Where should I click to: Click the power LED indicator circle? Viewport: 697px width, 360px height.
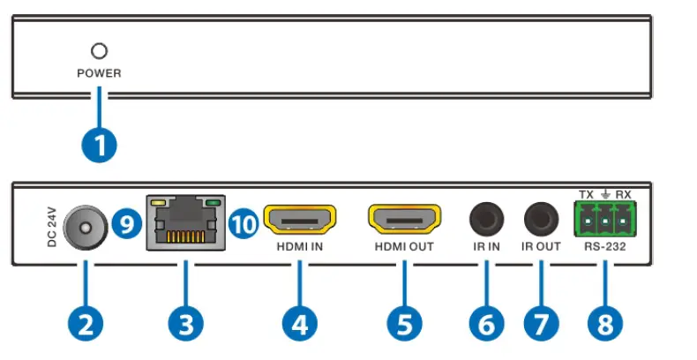click(x=99, y=52)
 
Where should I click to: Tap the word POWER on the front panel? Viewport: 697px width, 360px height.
click(x=99, y=74)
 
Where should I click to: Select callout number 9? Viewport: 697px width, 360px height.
click(x=127, y=225)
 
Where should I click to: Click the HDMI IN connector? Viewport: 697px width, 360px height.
click(x=300, y=218)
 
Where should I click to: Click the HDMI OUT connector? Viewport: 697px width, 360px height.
click(x=403, y=218)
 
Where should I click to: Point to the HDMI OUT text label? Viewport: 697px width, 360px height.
click(x=403, y=247)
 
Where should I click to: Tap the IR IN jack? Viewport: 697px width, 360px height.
click(x=485, y=217)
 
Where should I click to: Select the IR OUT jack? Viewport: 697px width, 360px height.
click(x=541, y=217)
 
